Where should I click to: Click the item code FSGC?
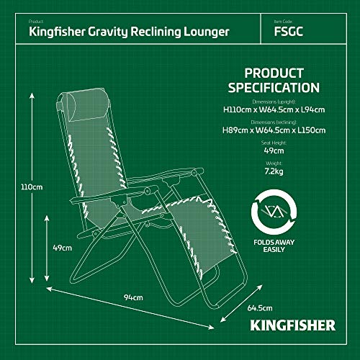click(x=289, y=32)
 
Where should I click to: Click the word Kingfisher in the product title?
click(x=57, y=32)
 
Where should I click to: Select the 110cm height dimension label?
click(x=32, y=187)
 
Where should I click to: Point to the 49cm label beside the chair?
click(x=63, y=248)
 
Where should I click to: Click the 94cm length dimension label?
click(x=133, y=297)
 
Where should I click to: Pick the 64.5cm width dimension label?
click(x=260, y=308)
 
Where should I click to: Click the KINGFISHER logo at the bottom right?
click(x=293, y=325)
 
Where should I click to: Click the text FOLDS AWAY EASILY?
click(x=274, y=246)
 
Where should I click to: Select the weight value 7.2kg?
click(x=274, y=171)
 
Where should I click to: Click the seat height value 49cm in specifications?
click(x=274, y=151)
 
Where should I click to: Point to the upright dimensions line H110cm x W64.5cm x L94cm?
click(x=274, y=110)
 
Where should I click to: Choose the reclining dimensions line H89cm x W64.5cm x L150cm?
click(x=274, y=130)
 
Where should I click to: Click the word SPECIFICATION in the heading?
click(x=274, y=88)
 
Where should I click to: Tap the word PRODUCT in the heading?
click(x=274, y=73)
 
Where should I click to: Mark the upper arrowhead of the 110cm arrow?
click(x=32, y=96)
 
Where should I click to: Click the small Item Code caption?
click(x=283, y=22)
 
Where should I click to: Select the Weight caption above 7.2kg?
click(x=274, y=163)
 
